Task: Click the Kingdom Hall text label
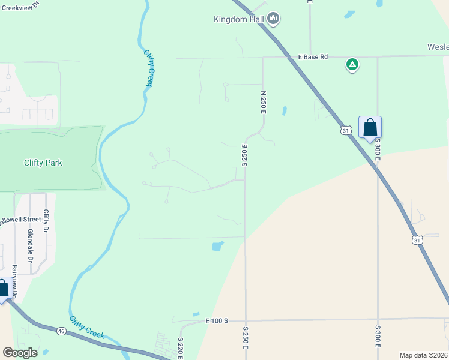pyautogui.click(x=239, y=19)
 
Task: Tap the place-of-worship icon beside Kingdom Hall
pyautogui.click(x=274, y=19)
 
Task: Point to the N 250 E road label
pyautogui.click(x=263, y=103)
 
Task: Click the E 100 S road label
pyautogui.click(x=217, y=322)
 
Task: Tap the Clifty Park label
pyautogui.click(x=43, y=163)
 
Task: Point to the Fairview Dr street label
pyautogui.click(x=14, y=281)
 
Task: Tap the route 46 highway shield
pyautogui.click(x=62, y=331)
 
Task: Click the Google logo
pyautogui.click(x=20, y=353)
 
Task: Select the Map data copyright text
pyautogui.click(x=423, y=355)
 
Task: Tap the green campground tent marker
pyautogui.click(x=352, y=64)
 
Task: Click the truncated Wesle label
pyautogui.click(x=438, y=47)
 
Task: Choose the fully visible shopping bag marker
pyautogui.click(x=370, y=128)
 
